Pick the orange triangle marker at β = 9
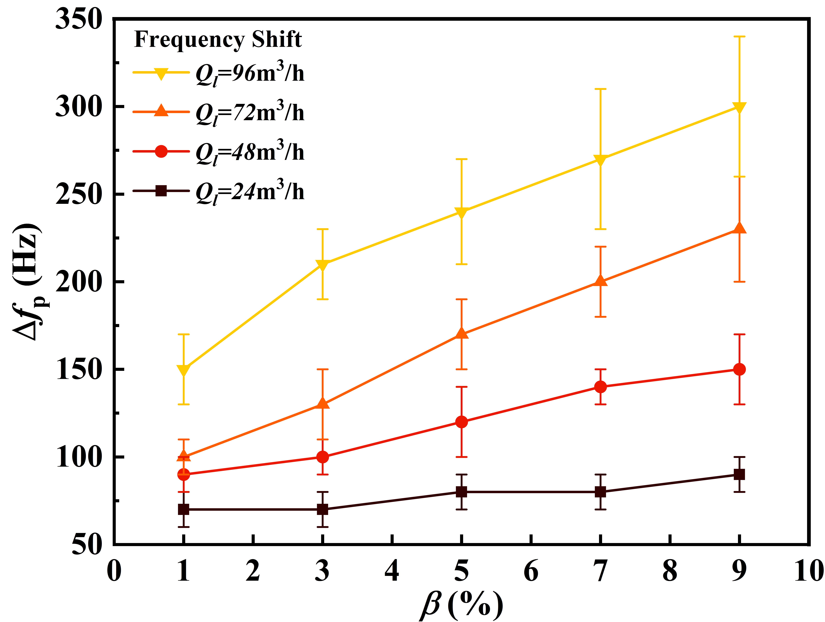point(739,228)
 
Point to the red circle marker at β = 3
point(323,457)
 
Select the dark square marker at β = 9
point(739,474)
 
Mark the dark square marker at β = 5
point(461,492)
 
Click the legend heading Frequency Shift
point(218,39)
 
